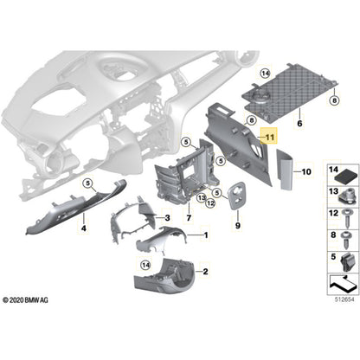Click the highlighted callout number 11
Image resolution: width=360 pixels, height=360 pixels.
pos(268,137)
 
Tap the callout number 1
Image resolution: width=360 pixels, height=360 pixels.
pos(206,235)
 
